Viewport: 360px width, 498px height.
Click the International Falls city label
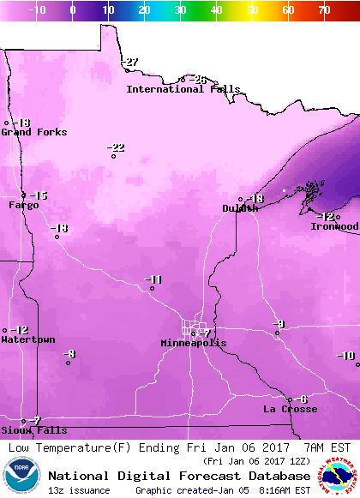coord(177,89)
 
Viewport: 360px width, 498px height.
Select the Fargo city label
coord(24,206)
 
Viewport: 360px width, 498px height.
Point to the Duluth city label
coord(239,208)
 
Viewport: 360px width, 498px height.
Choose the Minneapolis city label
coord(194,343)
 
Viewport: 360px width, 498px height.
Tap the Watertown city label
coord(27,340)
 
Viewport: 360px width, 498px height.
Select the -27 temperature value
coord(129,63)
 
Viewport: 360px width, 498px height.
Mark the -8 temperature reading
coord(69,354)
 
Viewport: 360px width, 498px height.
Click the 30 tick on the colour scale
coord(180,10)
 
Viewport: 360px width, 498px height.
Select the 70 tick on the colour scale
coord(323,10)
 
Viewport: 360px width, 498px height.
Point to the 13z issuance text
coord(79,490)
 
